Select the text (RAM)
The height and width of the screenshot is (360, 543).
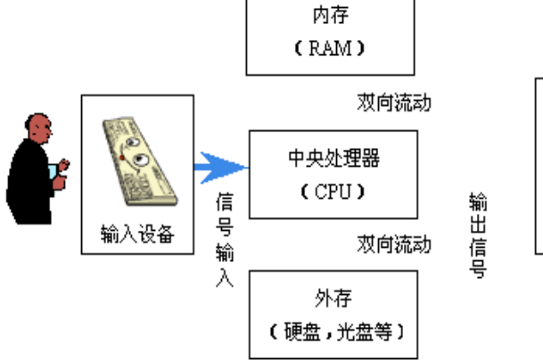tap(329, 46)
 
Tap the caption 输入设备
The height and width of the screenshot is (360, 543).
tap(136, 235)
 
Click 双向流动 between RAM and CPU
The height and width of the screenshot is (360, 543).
tap(394, 102)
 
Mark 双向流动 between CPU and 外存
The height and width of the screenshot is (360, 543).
tap(394, 243)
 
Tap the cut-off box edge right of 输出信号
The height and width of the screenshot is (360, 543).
tap(538, 169)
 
